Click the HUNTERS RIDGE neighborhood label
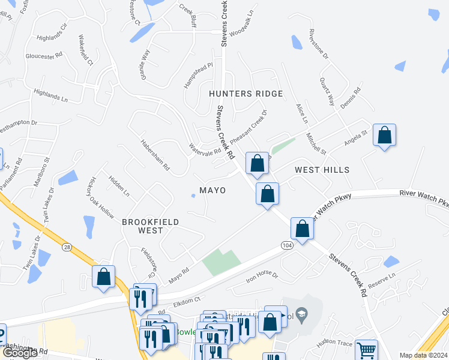[x=246, y=94]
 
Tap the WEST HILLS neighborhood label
[x=322, y=170]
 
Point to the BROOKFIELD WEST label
[x=150, y=226]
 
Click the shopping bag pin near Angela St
[x=384, y=136]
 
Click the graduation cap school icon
[x=303, y=313]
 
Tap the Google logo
[x=20, y=353]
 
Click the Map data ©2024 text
[x=423, y=355]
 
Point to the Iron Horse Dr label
[x=262, y=277]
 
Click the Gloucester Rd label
[x=44, y=56]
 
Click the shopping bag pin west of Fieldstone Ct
[x=103, y=277]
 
